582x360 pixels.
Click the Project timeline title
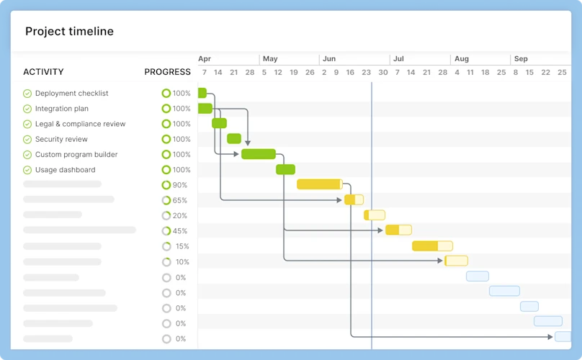coord(69,32)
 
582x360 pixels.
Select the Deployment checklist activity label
coord(71,94)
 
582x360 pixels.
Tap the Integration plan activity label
coord(61,109)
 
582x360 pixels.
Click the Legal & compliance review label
coord(80,124)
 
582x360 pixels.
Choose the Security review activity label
coord(61,139)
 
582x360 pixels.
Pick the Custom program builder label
coord(76,155)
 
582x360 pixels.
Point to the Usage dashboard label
coord(65,170)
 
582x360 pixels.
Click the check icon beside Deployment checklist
coord(27,94)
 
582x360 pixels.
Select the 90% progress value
coord(179,186)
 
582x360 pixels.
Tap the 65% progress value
coord(179,201)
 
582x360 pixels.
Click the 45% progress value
coord(179,232)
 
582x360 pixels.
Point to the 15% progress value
coord(182,247)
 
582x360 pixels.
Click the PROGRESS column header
coord(167,72)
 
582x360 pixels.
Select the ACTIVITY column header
coord(43,72)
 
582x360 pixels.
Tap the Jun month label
coord(329,59)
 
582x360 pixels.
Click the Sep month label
coord(521,59)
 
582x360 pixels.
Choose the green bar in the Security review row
coord(234,139)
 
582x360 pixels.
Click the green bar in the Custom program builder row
coord(259,154)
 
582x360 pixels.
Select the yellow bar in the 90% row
coord(319,184)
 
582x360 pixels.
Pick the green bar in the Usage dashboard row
coord(286,169)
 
